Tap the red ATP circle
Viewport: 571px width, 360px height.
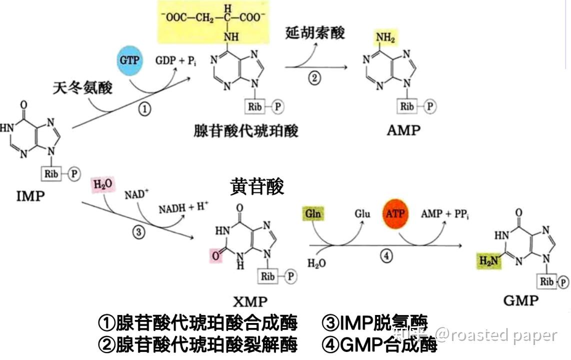[395, 214]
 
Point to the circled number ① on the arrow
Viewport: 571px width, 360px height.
[144, 109]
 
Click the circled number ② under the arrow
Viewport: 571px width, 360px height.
[314, 79]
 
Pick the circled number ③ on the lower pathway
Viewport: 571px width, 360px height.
[138, 232]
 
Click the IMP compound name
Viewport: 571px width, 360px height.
[30, 195]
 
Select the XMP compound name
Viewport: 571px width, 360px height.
[250, 301]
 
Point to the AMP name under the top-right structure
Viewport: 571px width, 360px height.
[403, 130]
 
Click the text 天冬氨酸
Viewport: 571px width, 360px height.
[82, 88]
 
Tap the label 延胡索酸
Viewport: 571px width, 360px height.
[315, 33]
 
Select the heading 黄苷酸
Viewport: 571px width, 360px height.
[257, 186]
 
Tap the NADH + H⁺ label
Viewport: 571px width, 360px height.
[183, 208]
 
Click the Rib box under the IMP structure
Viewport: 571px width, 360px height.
[51, 173]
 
